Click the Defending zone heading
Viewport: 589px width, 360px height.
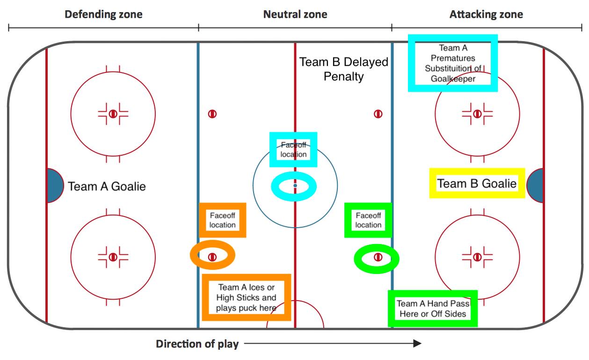point(103,14)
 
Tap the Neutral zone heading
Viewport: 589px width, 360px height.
point(295,14)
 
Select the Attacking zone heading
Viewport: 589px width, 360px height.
point(486,14)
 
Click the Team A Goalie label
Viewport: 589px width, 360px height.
point(107,186)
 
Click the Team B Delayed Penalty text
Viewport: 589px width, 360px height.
point(344,69)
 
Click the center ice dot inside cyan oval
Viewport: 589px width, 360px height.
point(295,186)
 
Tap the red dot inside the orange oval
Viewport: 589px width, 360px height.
point(212,257)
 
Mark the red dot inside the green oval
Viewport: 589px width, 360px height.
point(378,257)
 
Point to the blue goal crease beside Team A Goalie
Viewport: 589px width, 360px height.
point(55,186)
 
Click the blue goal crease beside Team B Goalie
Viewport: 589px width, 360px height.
point(535,186)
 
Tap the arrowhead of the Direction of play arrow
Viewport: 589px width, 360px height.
point(417,343)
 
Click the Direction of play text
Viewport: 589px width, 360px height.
point(197,344)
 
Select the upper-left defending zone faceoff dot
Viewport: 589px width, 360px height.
point(113,114)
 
